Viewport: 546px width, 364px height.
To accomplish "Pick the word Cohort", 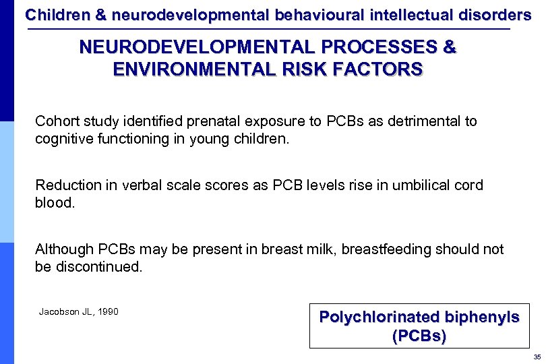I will [56, 121].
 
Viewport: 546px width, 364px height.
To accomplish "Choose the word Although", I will [64, 249].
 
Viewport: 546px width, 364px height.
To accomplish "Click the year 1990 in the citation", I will [107, 311].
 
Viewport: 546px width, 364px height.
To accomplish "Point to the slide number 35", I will [537, 357].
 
